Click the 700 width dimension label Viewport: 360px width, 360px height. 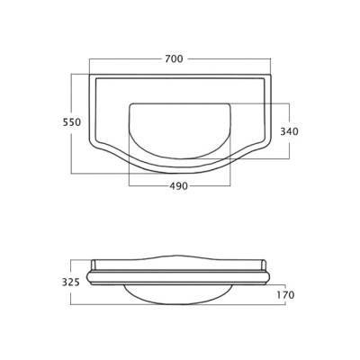click(174, 58)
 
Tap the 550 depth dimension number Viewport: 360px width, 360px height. click(72, 122)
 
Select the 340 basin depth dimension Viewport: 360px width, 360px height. click(289, 131)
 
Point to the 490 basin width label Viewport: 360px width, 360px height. click(179, 186)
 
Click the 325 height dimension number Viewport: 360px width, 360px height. click(71, 283)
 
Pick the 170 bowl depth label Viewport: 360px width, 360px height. click(285, 295)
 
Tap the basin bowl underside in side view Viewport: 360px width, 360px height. click(179, 294)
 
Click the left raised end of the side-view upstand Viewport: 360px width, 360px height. click(93, 265)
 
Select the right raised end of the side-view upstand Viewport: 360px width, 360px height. click(264, 265)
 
